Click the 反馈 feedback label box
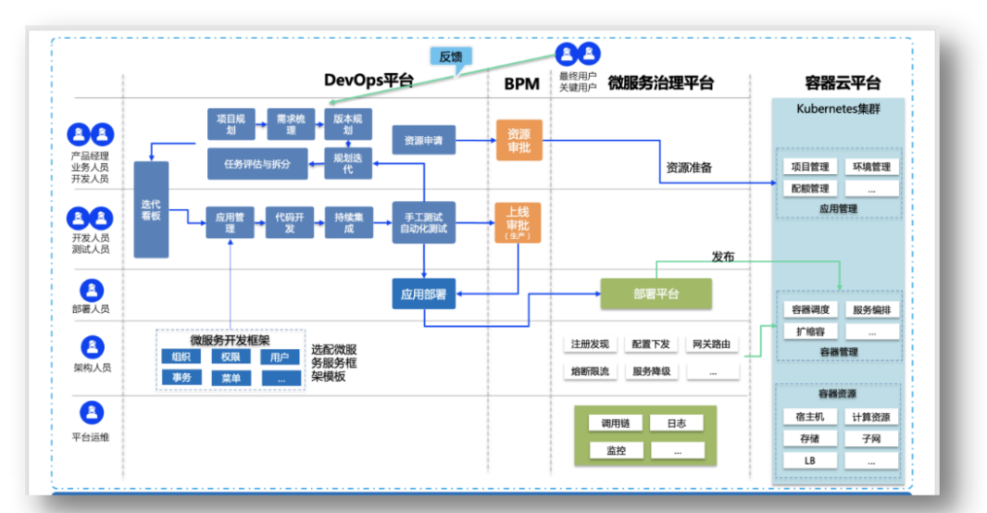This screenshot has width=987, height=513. tap(451, 56)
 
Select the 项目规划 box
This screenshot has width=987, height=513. tap(230, 124)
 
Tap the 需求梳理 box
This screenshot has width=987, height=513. tap(289, 124)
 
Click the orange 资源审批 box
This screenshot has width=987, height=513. tap(518, 141)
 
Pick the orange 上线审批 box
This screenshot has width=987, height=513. tap(518, 223)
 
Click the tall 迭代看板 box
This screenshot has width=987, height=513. tap(151, 210)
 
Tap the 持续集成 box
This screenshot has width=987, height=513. tap(348, 222)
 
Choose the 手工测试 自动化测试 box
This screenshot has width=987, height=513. tap(423, 223)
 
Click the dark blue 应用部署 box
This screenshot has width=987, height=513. tap(423, 294)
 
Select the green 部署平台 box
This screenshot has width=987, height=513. tap(656, 294)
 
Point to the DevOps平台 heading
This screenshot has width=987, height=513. tap(369, 81)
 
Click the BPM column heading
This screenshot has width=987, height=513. tap(521, 84)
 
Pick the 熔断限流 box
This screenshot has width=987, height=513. tap(590, 371)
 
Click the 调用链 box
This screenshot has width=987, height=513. tap(615, 423)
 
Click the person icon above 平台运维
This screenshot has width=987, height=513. tap(91, 410)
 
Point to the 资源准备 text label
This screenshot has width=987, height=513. tap(689, 168)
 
